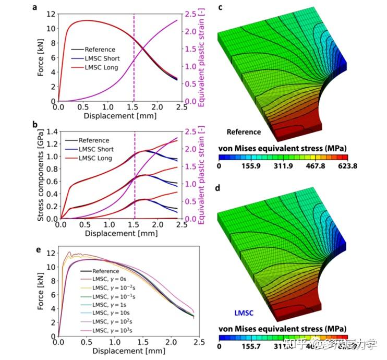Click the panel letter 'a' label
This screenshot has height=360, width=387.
pos(34,7)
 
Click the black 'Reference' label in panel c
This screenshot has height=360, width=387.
pos(244,132)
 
